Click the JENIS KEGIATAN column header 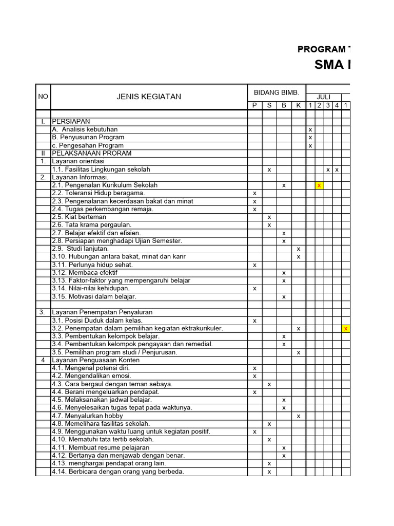[x=149, y=97]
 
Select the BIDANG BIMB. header [x=276, y=92]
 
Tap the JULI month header [x=323, y=97]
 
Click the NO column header [x=43, y=97]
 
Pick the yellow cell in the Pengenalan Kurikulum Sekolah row [x=319, y=185]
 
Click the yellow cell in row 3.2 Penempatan [x=346, y=328]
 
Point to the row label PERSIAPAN [x=71, y=121]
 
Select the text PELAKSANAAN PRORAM [x=91, y=153]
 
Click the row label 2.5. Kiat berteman [x=79, y=217]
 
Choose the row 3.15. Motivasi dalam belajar [x=94, y=296]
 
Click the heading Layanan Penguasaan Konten [x=96, y=360]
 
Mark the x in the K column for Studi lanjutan [x=298, y=249]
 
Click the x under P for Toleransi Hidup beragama [x=254, y=193]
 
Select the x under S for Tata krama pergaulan [x=269, y=225]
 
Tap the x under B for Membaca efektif [x=284, y=273]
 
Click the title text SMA [x=330, y=65]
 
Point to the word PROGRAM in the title [x=321, y=49]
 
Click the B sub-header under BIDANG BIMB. [x=284, y=105]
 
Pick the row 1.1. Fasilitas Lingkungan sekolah [x=101, y=169]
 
